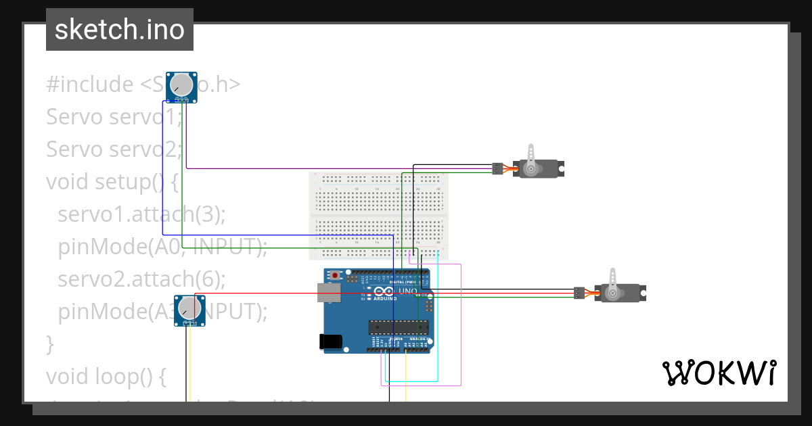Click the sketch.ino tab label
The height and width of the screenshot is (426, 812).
point(119,30)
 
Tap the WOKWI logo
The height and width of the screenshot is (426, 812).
point(718,373)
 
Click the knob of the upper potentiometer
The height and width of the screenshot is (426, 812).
point(181,85)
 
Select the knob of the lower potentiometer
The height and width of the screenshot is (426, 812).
point(189,309)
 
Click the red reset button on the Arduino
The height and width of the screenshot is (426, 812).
point(335,276)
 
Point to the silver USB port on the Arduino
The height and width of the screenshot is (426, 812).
point(330,292)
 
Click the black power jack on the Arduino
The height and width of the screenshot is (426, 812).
point(331,342)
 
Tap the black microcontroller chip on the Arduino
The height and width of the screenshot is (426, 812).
point(399,328)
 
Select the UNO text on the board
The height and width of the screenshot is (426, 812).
point(409,291)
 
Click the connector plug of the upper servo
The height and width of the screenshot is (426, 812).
point(497,168)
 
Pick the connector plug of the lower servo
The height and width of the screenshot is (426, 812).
point(579,293)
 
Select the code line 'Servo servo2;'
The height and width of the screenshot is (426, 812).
point(114,149)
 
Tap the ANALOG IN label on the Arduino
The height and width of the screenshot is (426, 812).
point(424,339)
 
